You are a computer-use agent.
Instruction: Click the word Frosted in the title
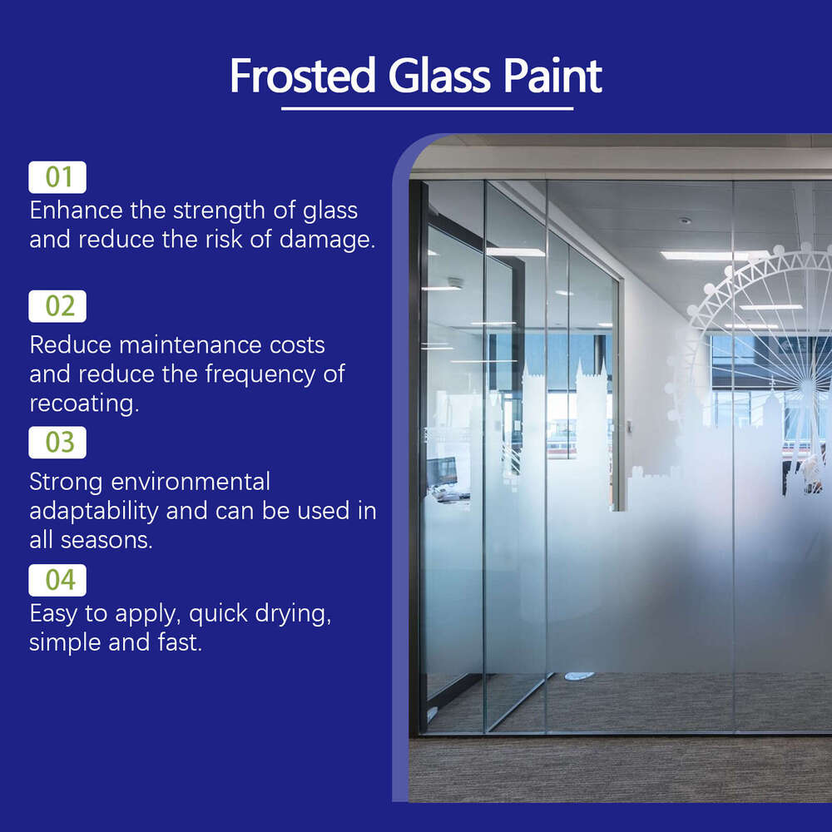[x=302, y=76]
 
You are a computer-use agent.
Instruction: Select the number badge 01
[x=57, y=177]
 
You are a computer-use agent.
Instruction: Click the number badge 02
[x=57, y=306]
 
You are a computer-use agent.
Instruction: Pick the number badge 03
[x=57, y=442]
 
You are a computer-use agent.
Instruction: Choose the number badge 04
[x=57, y=580]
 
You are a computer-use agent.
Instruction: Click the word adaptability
[x=94, y=510]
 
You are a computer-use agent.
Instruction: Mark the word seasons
[x=106, y=539]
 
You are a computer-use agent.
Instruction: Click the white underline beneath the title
[x=427, y=108]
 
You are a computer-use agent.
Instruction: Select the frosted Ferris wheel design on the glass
[x=761, y=333]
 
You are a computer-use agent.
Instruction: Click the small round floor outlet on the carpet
[x=579, y=676]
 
